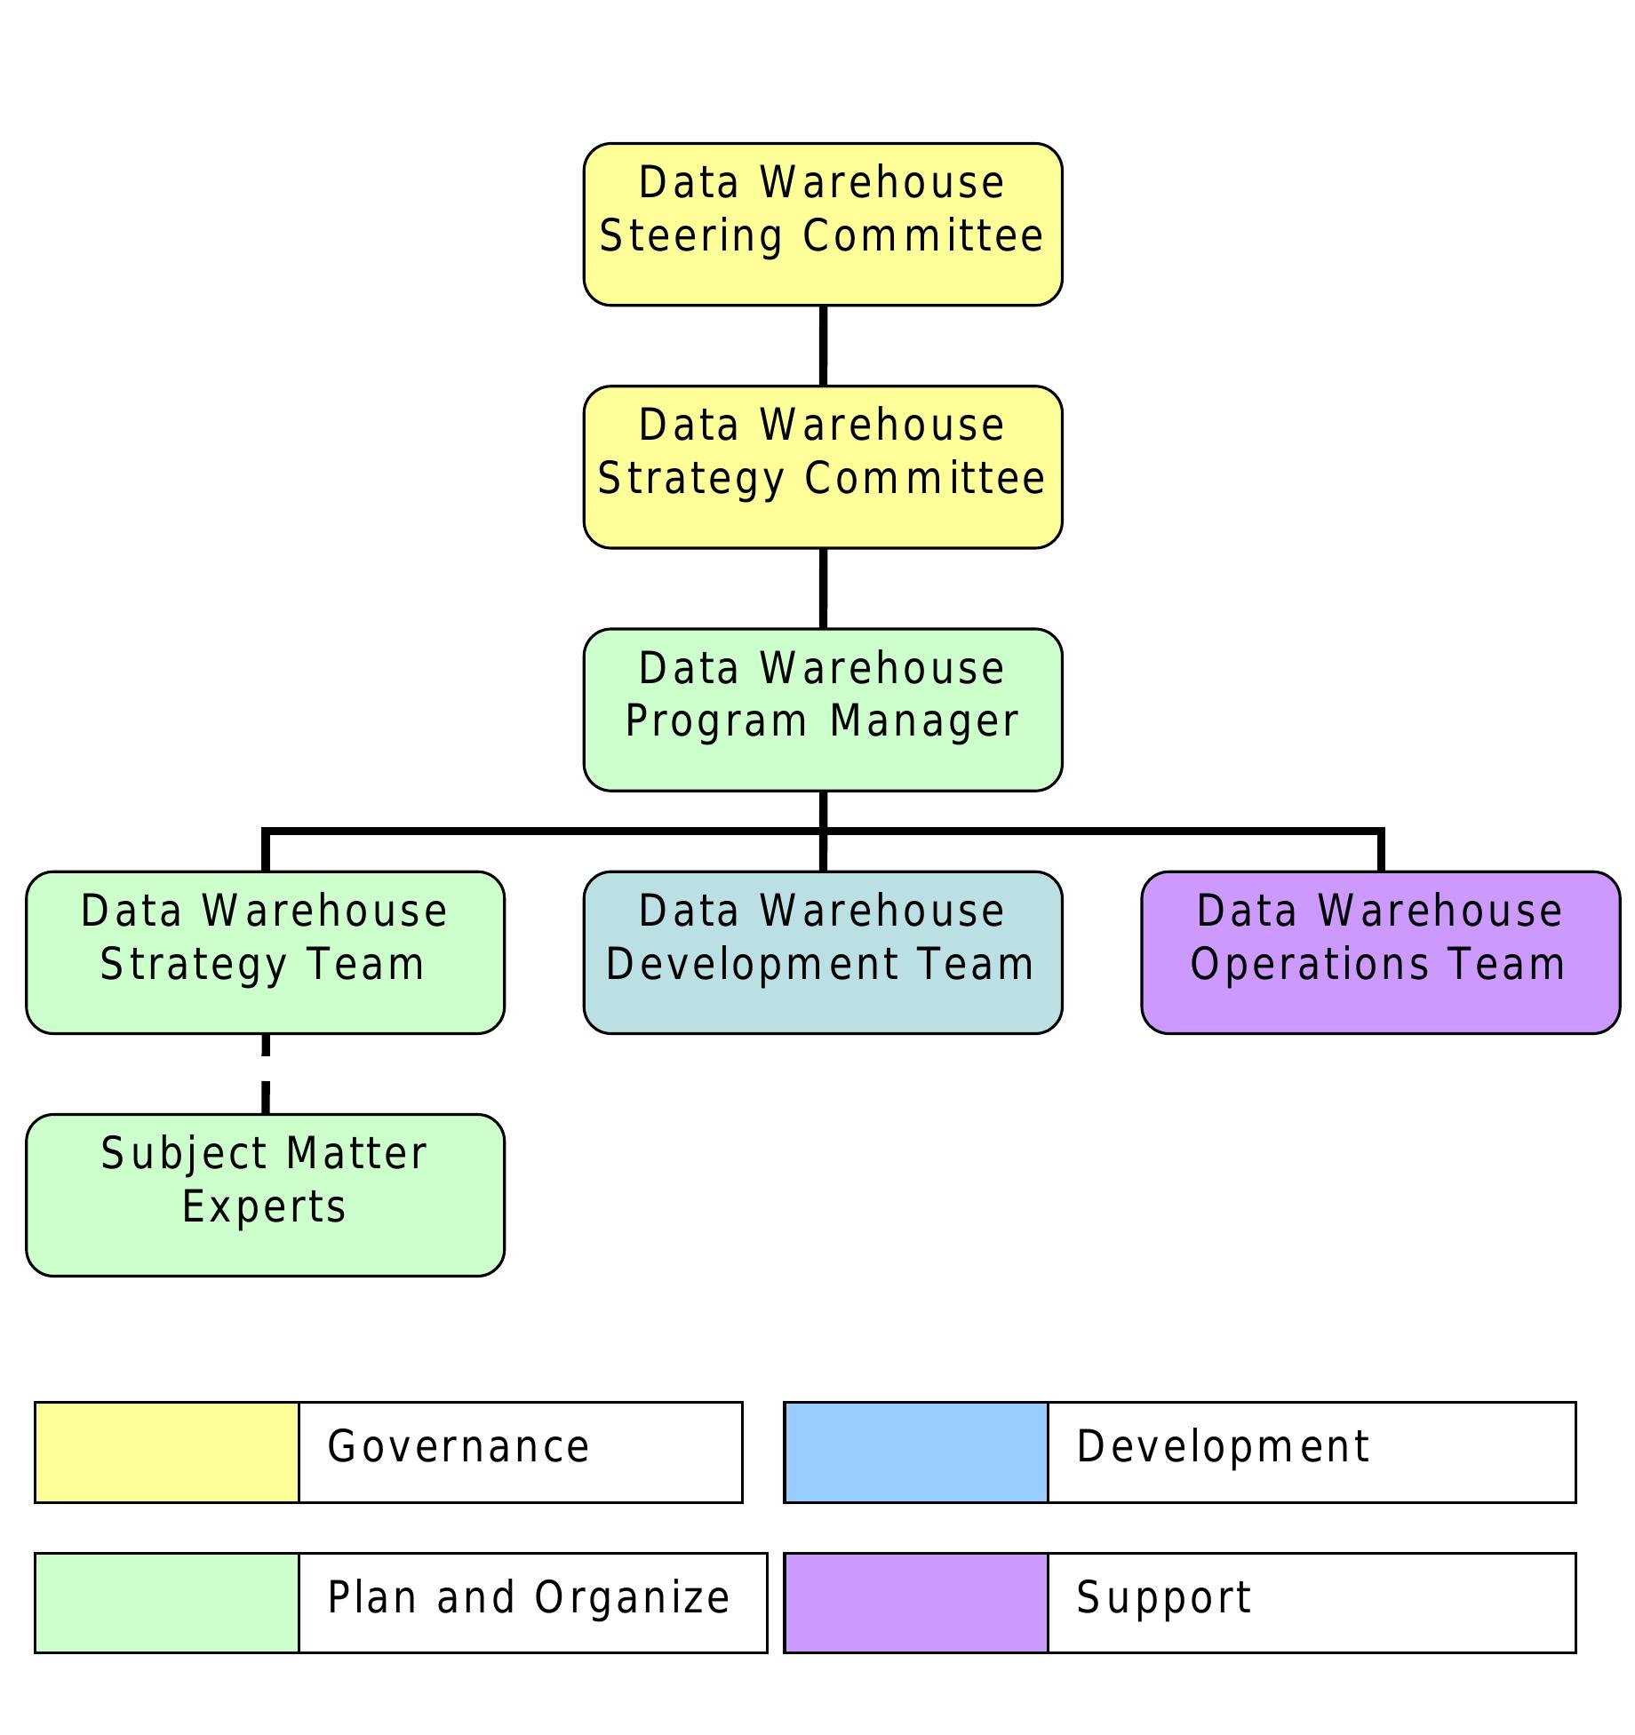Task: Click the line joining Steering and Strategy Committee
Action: (x=823, y=346)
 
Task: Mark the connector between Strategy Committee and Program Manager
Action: (x=823, y=588)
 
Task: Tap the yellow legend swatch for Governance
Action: (x=166, y=1452)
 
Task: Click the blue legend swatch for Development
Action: (x=915, y=1452)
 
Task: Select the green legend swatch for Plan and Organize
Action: (x=166, y=1603)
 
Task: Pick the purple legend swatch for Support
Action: (x=915, y=1603)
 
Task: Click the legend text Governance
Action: (x=459, y=1447)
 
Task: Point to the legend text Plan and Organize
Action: (x=529, y=1598)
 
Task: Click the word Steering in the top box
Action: (x=690, y=236)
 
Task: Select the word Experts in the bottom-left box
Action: (x=264, y=1206)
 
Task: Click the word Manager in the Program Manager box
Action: (x=924, y=720)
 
